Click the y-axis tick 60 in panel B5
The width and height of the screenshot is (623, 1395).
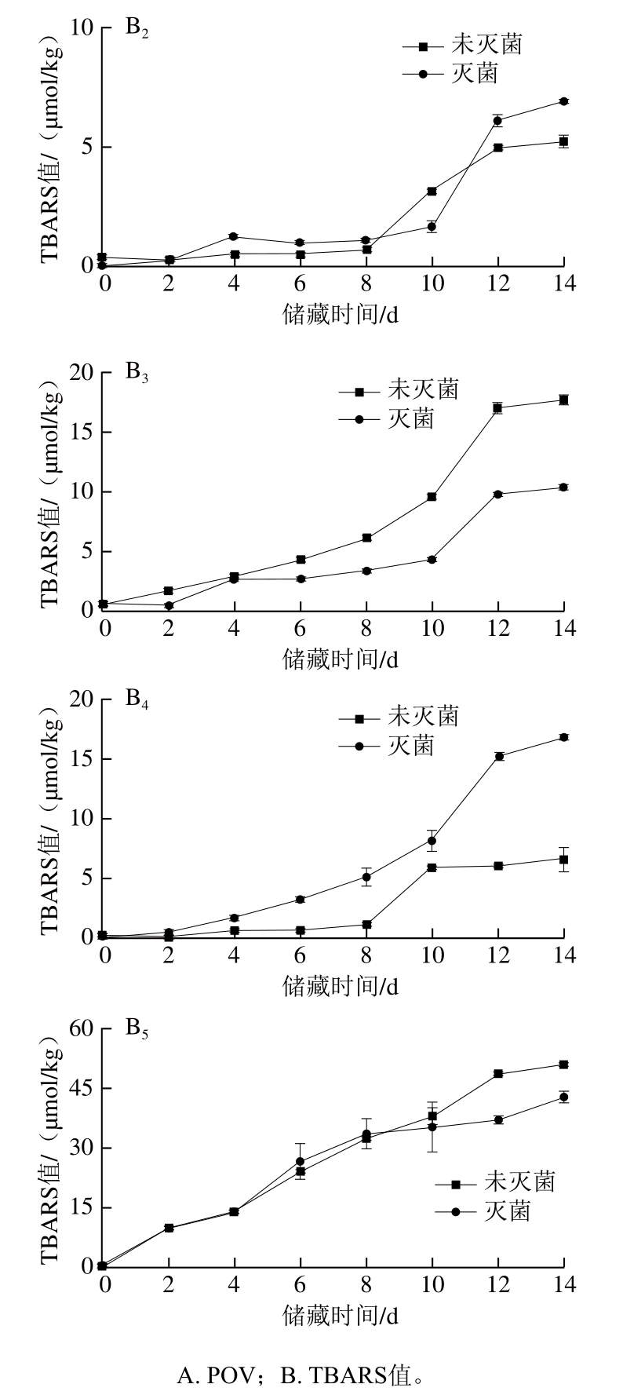81,1029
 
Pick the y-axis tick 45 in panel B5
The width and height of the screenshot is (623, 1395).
81,1089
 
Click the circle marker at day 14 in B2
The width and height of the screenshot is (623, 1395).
563,101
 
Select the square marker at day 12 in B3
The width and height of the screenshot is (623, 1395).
497,407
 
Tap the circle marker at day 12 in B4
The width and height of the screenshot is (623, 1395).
497,756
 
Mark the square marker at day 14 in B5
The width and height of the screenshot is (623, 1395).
563,1065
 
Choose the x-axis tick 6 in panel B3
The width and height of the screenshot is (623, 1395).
300,628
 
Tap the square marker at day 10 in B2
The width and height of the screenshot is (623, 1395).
432,192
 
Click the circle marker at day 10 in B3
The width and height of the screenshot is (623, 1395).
432,560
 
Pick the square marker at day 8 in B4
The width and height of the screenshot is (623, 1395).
366,925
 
